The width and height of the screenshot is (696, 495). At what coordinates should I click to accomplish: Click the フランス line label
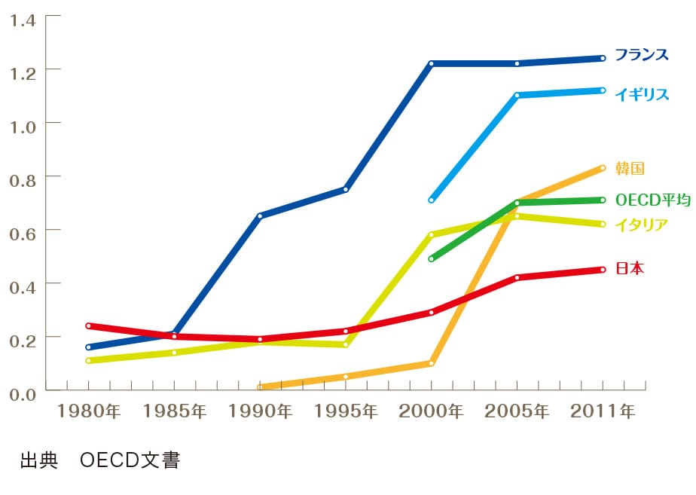click(642, 55)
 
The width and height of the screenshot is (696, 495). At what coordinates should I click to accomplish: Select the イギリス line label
click(642, 94)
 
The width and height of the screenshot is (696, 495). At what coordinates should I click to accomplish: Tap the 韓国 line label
click(630, 169)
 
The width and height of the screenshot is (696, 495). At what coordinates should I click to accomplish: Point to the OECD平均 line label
click(652, 200)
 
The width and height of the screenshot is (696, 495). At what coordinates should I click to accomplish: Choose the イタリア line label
click(642, 224)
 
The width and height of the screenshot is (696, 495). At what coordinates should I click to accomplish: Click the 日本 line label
click(630, 268)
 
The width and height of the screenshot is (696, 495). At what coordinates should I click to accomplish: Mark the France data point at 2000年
click(432, 63)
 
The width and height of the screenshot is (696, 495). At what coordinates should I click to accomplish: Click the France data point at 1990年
click(260, 216)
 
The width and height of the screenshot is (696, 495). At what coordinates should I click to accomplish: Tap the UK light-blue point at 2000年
click(432, 200)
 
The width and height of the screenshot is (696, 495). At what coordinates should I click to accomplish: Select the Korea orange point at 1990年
click(260, 387)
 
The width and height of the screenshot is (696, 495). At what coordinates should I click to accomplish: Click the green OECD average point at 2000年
click(432, 258)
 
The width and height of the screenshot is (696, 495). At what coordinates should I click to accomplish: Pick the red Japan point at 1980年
click(89, 325)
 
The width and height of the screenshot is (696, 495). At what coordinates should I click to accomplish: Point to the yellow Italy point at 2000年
click(432, 235)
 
